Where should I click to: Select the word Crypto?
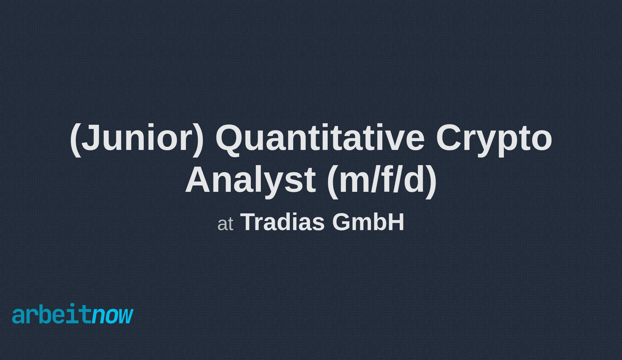pyautogui.click(x=494, y=138)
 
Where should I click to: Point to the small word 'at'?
pyautogui.click(x=225, y=224)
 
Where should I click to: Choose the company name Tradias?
pyautogui.click(x=282, y=222)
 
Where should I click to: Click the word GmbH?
pyautogui.click(x=368, y=222)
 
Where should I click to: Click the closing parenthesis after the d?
pyautogui.click(x=431, y=181)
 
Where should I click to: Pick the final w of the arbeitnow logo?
pyautogui.click(x=126, y=316)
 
